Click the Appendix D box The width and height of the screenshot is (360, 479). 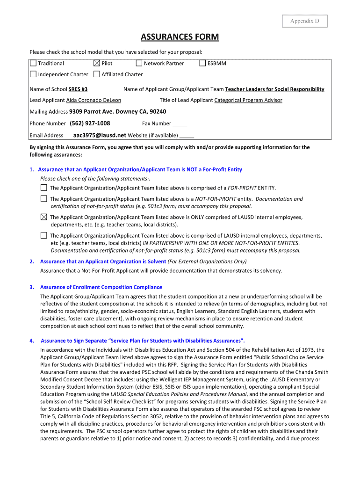click(x=304, y=21)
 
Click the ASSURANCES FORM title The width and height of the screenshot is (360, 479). click(x=180, y=37)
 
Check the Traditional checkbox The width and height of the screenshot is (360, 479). click(x=33, y=63)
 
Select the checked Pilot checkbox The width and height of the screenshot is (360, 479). click(x=97, y=63)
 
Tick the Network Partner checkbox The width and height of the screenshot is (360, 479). click(x=139, y=63)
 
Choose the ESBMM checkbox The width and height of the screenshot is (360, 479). click(x=202, y=63)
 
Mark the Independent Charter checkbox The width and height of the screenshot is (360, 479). click(x=33, y=74)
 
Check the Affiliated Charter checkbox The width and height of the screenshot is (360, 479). click(x=97, y=74)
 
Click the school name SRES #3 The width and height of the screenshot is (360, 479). click(x=78, y=89)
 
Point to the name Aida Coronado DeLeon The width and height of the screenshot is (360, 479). click(x=94, y=100)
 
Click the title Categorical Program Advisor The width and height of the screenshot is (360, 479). click(x=248, y=100)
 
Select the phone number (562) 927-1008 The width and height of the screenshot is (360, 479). click(x=90, y=123)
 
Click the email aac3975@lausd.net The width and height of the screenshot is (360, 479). click(x=100, y=135)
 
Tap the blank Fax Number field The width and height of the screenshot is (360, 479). click(x=180, y=124)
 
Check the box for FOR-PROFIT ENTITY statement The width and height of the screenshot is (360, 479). click(x=43, y=188)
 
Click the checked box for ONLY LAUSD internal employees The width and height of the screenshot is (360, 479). click(x=43, y=217)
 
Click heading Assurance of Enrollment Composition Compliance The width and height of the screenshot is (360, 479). click(x=101, y=287)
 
